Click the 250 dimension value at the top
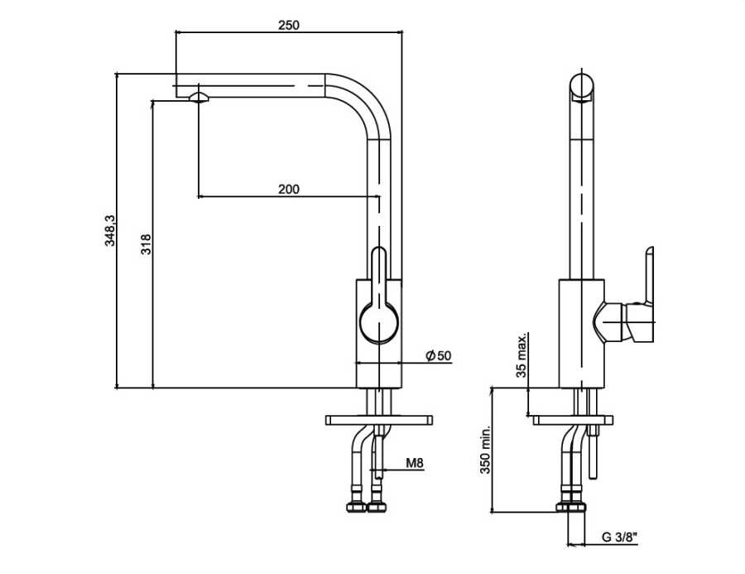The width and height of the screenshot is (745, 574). coord(288,25)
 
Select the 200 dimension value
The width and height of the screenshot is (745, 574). coord(288,189)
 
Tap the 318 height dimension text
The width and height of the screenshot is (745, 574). coord(146,244)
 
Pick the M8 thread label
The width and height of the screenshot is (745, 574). coord(415,464)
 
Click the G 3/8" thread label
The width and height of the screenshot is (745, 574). coord(618,537)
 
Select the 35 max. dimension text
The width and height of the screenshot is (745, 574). coord(522,355)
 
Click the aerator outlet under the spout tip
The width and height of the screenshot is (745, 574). coord(199,97)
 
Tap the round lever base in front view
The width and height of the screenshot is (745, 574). coord(378,323)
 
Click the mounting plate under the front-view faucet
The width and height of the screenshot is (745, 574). coord(380,419)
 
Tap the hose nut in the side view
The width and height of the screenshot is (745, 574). coord(570,508)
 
